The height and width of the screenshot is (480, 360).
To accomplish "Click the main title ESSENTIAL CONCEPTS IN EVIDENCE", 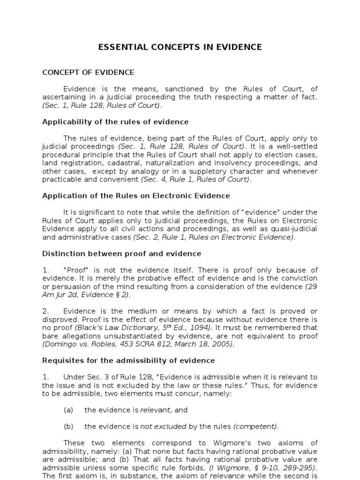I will coord(180,47).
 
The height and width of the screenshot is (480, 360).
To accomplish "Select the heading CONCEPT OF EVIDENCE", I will coord(88,72).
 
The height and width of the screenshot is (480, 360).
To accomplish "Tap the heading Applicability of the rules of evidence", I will coord(115,122).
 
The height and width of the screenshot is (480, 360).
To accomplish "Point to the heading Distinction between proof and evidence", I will coord(121,254).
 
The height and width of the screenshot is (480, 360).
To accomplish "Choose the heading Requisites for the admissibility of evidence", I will coord(128,360).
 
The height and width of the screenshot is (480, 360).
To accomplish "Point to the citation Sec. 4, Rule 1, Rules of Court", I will coord(195,180).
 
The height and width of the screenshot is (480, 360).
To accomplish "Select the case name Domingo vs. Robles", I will coord(70,344).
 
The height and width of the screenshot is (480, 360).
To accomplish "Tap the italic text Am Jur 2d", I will coord(60,295).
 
